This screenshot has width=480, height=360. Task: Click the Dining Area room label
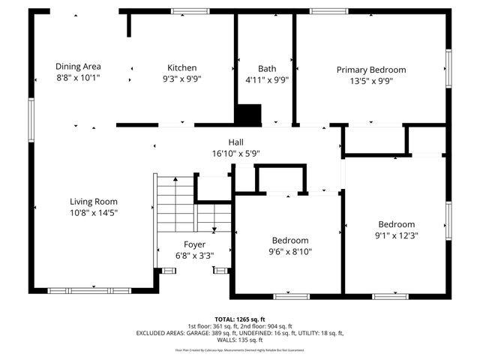(78, 66)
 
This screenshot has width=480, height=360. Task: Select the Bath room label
(267, 67)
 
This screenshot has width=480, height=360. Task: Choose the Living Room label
(94, 201)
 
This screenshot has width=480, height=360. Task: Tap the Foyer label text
(195, 244)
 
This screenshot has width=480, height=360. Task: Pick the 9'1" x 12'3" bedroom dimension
(396, 235)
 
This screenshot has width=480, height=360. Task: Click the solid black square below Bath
(248, 114)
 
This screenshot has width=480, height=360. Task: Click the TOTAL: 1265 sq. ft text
(241, 319)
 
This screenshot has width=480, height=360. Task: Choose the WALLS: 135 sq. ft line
(240, 340)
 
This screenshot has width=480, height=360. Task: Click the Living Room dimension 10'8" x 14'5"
(94, 212)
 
